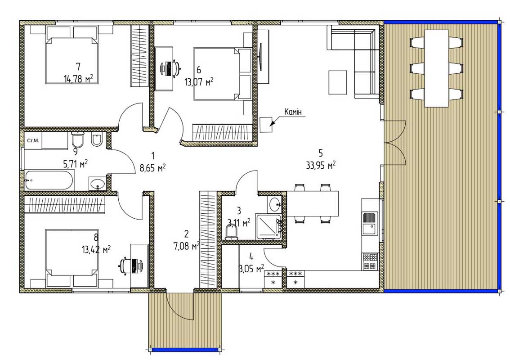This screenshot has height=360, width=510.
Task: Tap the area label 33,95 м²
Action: pyautogui.click(x=321, y=165)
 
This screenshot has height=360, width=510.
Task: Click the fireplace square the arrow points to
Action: pyautogui.click(x=266, y=124)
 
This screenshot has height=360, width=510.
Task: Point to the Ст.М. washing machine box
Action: pyautogui.click(x=33, y=140)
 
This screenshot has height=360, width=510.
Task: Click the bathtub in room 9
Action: pyautogui.click(x=49, y=180)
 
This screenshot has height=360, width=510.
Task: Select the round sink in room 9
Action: pyautogui.click(x=97, y=184)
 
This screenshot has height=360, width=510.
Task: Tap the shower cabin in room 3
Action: pyautogui.click(x=268, y=226)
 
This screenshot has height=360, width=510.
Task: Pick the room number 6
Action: pyautogui.click(x=199, y=70)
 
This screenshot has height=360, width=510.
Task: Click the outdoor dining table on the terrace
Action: pyautogui.click(x=436, y=68)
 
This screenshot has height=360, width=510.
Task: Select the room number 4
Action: pyautogui.click(x=251, y=256)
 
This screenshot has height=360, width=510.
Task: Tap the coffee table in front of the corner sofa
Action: pyautogui.click(x=338, y=82)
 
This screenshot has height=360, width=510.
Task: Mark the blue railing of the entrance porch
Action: pyautogui.click(x=185, y=350)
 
